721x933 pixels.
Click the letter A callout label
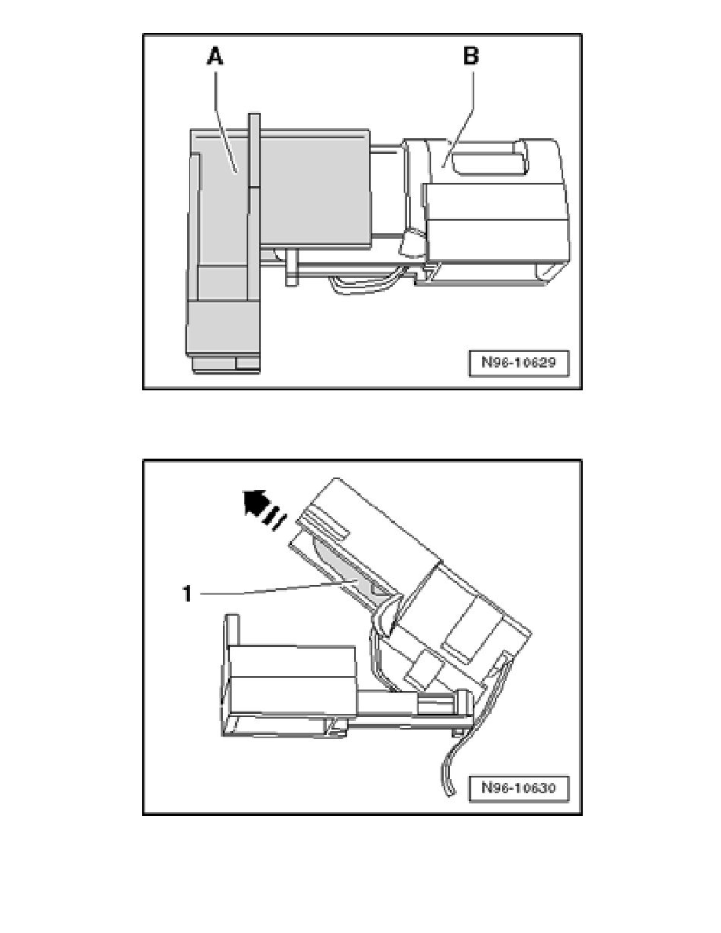214,57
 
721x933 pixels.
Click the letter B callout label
470,57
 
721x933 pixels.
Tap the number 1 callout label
187,593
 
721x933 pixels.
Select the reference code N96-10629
518,362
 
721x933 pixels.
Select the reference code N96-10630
518,788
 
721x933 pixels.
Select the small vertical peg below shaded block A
291,268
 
